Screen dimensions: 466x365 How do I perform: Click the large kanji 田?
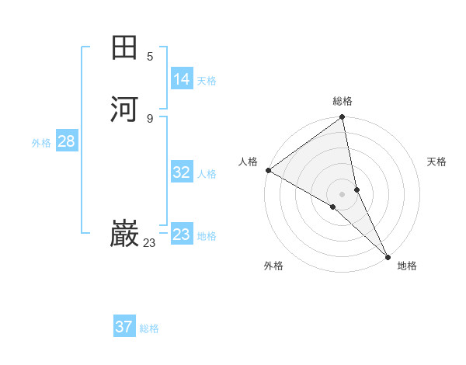[x=124, y=47]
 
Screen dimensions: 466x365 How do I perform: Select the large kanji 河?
[x=124, y=108]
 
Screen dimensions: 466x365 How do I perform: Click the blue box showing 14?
[x=182, y=79]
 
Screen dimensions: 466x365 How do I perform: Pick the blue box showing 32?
[x=182, y=172]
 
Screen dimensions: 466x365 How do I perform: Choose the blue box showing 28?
[x=66, y=141]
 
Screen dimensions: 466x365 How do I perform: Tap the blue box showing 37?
[x=124, y=327]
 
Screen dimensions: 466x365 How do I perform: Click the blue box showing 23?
[x=182, y=235]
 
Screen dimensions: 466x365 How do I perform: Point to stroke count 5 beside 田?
[x=150, y=56]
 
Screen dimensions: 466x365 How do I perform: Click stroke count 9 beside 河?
[x=150, y=118]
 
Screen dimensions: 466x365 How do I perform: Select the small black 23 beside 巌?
[x=149, y=243]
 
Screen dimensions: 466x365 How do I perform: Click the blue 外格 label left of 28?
[x=41, y=143]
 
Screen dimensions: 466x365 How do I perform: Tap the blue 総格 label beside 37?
[x=149, y=328]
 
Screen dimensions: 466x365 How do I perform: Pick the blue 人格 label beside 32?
[x=207, y=174]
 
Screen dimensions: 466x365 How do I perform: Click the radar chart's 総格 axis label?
[x=343, y=101]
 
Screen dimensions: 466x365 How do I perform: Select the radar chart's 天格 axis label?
[x=437, y=162]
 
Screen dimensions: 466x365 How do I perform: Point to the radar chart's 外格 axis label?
[x=273, y=266]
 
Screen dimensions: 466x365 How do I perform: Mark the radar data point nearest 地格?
[x=388, y=255]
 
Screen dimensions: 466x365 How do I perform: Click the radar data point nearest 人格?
[x=268, y=170]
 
